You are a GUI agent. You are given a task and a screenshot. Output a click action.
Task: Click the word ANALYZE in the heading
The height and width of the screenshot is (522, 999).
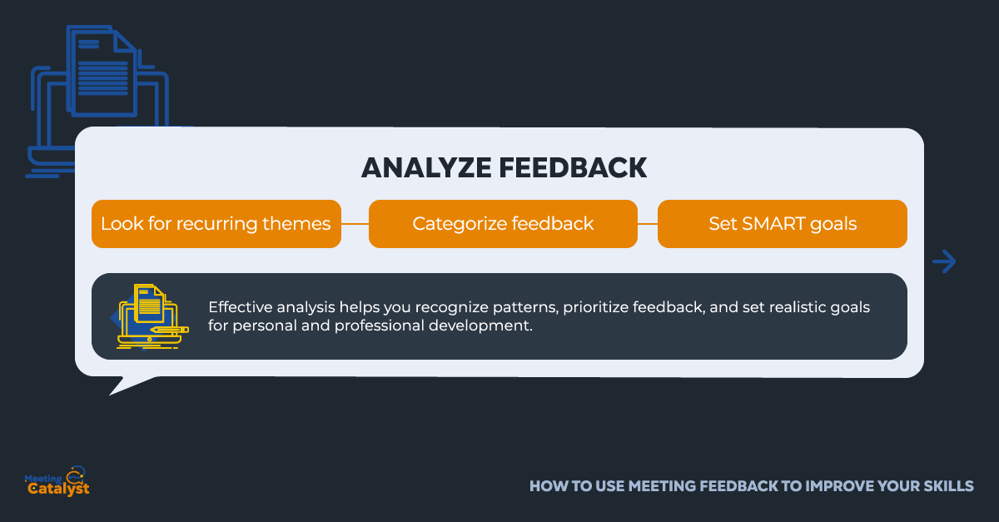tap(426, 167)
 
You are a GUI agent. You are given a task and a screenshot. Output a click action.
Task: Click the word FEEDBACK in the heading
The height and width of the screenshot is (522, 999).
tap(573, 167)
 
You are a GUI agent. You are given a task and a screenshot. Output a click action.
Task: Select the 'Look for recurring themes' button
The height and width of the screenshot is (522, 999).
tap(216, 224)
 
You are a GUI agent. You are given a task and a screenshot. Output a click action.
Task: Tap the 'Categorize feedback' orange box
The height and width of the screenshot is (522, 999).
tap(503, 224)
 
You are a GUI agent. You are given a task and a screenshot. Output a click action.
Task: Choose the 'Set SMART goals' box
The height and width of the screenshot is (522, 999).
tap(783, 224)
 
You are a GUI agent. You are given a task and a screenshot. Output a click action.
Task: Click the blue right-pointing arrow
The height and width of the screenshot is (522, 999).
tap(944, 261)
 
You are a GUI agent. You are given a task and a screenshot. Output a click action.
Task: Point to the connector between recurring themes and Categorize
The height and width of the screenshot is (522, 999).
tap(355, 224)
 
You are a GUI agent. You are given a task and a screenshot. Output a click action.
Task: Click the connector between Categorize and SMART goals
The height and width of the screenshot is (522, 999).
tap(648, 224)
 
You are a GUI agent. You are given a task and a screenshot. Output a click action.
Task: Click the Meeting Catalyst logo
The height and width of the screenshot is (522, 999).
tap(57, 481)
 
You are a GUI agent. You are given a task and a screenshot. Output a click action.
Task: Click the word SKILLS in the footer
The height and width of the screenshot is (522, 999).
tap(948, 486)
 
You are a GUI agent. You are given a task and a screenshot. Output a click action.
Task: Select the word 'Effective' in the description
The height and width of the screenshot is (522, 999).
tap(240, 307)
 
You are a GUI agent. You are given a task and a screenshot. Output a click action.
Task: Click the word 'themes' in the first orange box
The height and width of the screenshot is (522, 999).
tap(296, 223)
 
